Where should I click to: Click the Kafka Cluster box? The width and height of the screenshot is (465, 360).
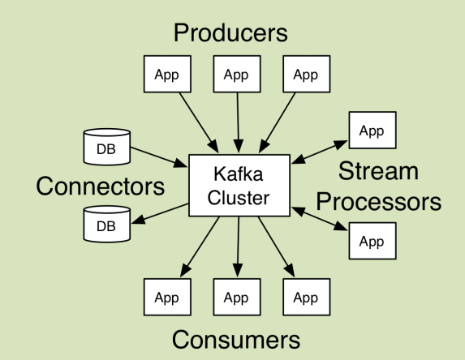tap(238, 186)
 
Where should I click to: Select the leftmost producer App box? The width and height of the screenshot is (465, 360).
tap(166, 75)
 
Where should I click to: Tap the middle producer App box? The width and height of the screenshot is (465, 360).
tap(236, 75)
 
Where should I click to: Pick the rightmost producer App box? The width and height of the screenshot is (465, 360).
tap(306, 75)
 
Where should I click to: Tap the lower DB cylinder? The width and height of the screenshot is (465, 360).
tap(106, 224)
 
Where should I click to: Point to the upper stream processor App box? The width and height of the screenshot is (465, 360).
tap(372, 130)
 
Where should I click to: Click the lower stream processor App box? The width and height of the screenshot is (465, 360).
tap(372, 241)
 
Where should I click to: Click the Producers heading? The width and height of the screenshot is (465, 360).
tap(231, 33)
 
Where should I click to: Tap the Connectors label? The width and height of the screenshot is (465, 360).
tap(100, 186)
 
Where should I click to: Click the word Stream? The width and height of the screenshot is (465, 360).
tap(378, 171)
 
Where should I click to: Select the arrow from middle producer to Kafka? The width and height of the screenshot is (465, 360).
tap(237, 122)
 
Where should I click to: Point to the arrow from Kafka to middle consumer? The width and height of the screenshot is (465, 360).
tap(237, 247)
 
